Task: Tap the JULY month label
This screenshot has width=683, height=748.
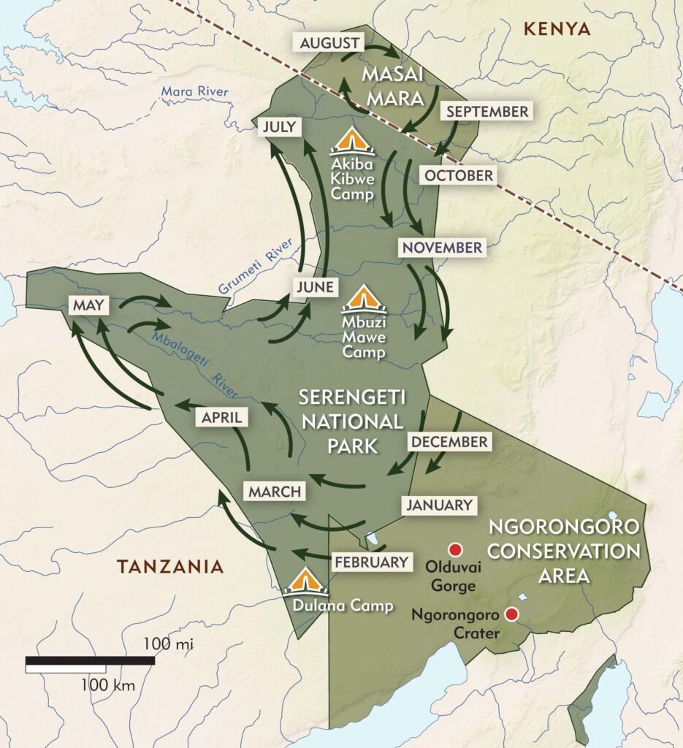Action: (x=280, y=127)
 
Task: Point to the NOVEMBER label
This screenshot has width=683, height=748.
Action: (x=440, y=247)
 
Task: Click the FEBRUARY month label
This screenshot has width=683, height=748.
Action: (x=370, y=562)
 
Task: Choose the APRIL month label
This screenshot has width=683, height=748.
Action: (x=221, y=417)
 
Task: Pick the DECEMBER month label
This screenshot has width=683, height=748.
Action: (x=449, y=442)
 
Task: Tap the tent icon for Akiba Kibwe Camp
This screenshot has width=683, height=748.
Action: (x=353, y=141)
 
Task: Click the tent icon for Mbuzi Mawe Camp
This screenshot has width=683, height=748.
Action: (x=364, y=299)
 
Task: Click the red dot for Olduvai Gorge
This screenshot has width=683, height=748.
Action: (x=457, y=549)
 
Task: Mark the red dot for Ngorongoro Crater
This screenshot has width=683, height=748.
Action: (x=512, y=615)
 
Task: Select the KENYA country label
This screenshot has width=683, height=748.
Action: (x=557, y=29)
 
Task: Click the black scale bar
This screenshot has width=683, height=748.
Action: (x=90, y=661)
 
